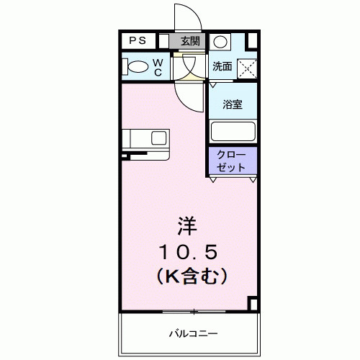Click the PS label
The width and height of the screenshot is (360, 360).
pyautogui.click(x=136, y=42)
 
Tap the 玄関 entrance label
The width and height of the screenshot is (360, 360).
pyautogui.click(x=191, y=42)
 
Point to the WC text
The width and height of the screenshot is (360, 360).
pyautogui.click(x=157, y=67)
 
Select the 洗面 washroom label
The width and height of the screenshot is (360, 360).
pyautogui.click(x=221, y=67)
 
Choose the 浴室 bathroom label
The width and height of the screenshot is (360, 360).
pyautogui.click(x=232, y=104)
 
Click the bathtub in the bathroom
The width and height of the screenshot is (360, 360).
pyautogui.click(x=232, y=132)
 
